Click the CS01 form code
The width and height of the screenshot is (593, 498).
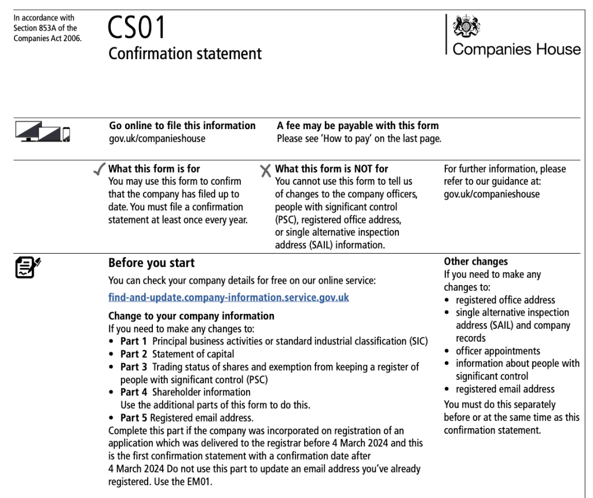[137, 27]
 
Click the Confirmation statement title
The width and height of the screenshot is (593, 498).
[185, 54]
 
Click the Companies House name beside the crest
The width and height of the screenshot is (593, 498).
[517, 49]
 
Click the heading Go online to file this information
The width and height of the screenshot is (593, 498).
[182, 126]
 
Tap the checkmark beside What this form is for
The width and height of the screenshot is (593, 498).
[100, 170]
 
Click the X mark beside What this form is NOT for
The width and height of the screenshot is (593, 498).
[265, 170]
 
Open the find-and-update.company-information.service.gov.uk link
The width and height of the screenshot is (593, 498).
[228, 298]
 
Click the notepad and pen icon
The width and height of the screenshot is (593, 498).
[27, 267]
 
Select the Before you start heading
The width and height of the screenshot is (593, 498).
[151, 263]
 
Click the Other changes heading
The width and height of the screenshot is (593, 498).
[475, 261]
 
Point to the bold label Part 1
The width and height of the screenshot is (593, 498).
[133, 341]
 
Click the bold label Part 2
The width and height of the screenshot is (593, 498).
[133, 354]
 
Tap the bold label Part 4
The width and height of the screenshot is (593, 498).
[133, 392]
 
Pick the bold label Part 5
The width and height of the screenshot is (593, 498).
[133, 418]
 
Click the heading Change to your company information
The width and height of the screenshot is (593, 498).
[191, 316]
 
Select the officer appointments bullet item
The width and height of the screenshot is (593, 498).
[497, 351]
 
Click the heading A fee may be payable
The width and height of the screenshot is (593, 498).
[357, 126]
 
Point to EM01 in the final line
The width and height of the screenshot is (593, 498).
[200, 481]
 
